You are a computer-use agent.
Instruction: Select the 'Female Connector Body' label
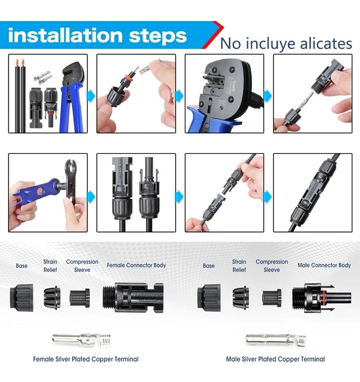(136, 265)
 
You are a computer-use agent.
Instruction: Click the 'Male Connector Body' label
(324, 265)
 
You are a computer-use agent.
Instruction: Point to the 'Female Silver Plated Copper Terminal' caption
(85, 359)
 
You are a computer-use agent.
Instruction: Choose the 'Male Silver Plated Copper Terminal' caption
(276, 359)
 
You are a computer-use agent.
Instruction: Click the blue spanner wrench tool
(36, 191)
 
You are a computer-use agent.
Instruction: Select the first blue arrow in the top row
(91, 96)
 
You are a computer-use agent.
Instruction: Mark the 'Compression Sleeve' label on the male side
(272, 265)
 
